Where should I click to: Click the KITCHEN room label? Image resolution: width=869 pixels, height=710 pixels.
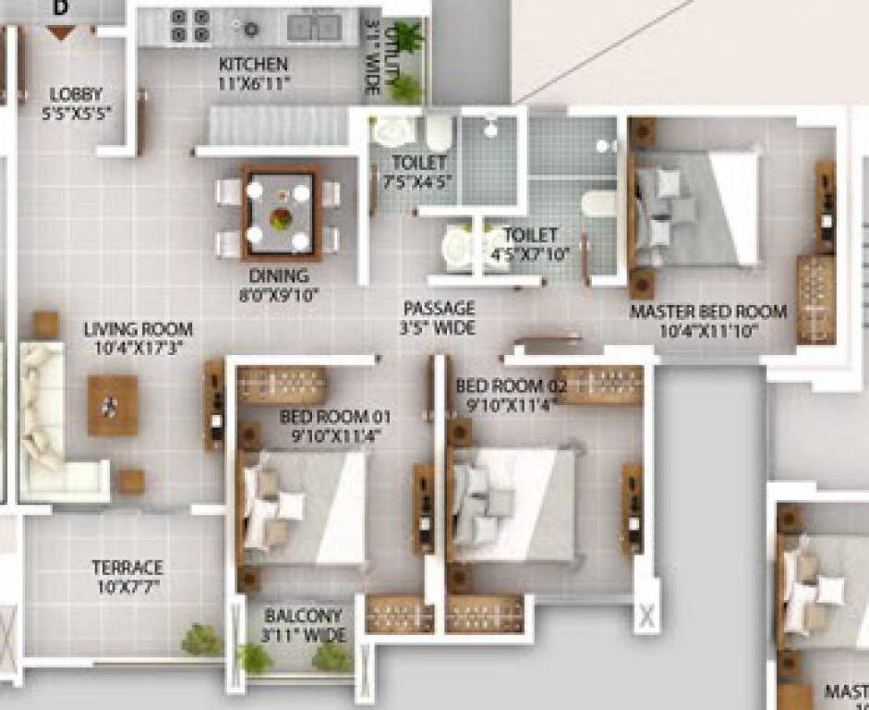tap(253, 65)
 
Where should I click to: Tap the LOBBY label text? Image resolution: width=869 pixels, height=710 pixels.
tap(77, 94)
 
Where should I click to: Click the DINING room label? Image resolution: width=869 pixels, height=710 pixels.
tap(278, 276)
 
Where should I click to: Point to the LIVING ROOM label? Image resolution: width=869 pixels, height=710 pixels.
tap(139, 329)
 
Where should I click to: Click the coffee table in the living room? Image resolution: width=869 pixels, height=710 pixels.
tap(113, 405)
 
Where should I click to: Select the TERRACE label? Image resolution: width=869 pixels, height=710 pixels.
tap(127, 568)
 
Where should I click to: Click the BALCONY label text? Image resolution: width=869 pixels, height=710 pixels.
tap(303, 616)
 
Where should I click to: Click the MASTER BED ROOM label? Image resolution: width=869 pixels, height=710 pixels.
tap(707, 312)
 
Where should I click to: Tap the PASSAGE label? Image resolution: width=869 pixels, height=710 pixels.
tap(439, 308)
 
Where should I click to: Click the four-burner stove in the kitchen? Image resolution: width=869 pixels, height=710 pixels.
tap(190, 26)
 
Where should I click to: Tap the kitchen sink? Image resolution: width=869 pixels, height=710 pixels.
tap(313, 27)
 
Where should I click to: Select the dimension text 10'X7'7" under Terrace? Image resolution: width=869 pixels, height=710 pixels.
tap(127, 586)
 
